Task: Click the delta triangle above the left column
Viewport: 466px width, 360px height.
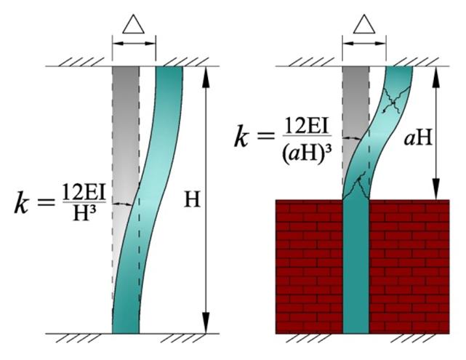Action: point(134,24)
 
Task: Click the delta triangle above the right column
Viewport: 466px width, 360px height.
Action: point(364,24)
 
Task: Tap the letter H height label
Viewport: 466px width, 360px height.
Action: point(192,199)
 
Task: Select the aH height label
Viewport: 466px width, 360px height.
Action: point(417,138)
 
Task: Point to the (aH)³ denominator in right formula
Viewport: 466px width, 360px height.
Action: point(307,155)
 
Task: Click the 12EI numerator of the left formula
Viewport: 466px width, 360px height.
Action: point(84,193)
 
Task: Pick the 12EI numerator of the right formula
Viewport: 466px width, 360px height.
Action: point(307,126)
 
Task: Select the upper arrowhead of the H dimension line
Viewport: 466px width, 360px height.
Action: point(205,77)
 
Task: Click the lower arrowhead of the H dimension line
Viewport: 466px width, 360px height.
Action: point(205,323)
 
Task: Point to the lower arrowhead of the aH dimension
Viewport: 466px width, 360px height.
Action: point(435,189)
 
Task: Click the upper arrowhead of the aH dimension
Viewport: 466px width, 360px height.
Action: point(435,77)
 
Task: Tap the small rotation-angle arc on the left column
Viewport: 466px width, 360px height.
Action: point(122,204)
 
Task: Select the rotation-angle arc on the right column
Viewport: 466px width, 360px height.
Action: point(352,138)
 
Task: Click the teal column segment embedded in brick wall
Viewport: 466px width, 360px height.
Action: point(356,266)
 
